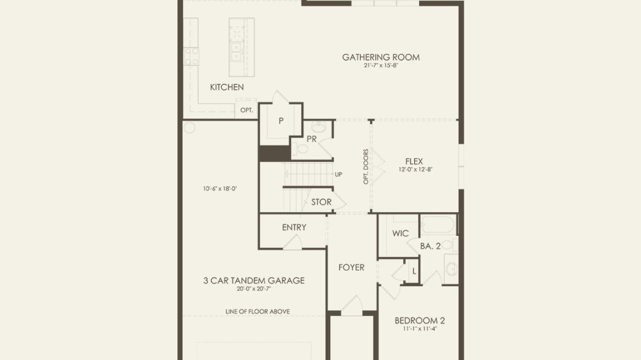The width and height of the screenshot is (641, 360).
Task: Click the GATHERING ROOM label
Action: pyautogui.click(x=381, y=57)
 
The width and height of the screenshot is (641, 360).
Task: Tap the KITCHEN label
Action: pyautogui.click(x=227, y=87)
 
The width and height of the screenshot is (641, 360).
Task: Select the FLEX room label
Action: pyautogui.click(x=414, y=161)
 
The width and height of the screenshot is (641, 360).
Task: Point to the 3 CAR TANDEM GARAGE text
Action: pyautogui.click(x=254, y=281)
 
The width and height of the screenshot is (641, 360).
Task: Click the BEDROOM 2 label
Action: pyautogui.click(x=420, y=321)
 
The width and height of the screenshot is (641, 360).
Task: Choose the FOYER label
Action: pyautogui.click(x=352, y=268)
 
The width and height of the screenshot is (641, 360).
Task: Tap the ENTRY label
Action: pyautogui.click(x=294, y=228)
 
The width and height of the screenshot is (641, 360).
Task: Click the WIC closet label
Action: pyautogui.click(x=400, y=233)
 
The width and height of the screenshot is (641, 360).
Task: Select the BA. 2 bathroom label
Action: pyautogui.click(x=430, y=246)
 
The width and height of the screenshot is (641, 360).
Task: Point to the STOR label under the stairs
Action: pyautogui.click(x=321, y=202)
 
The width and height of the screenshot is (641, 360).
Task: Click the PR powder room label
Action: pyautogui.click(x=311, y=139)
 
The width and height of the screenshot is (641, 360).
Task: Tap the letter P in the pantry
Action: pyautogui.click(x=281, y=121)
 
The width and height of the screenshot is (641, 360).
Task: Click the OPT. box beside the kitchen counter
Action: pyautogui.click(x=247, y=110)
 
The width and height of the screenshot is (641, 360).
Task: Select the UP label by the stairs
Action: pyautogui.click(x=338, y=175)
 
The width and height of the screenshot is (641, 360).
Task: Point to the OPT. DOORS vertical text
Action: pyautogui.click(x=366, y=166)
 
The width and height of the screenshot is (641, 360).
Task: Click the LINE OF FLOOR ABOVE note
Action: pyautogui.click(x=258, y=311)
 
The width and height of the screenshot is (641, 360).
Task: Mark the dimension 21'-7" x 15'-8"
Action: pyautogui.click(x=381, y=65)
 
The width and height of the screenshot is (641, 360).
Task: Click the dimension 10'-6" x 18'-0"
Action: pyautogui.click(x=220, y=188)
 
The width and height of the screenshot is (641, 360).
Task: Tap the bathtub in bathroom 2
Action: pyautogui.click(x=437, y=225)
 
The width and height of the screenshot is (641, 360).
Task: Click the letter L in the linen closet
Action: pyautogui.click(x=414, y=271)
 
